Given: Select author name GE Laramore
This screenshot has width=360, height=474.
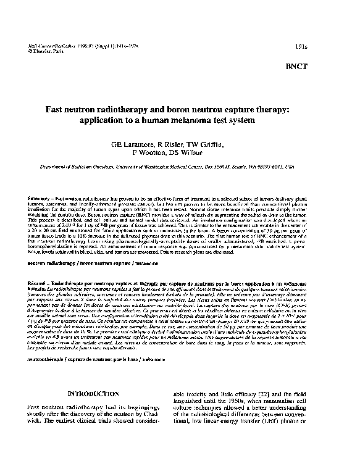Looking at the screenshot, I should [x=137, y=144].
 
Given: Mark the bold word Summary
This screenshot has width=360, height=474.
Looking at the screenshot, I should [x=39, y=198].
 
